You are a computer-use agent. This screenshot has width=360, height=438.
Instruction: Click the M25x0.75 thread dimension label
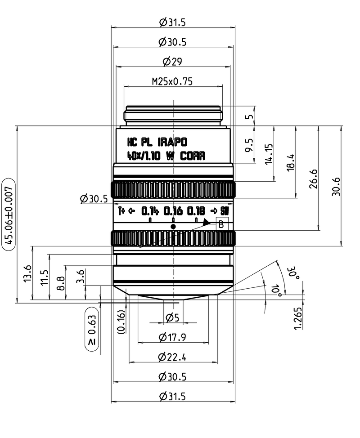coord(172,81)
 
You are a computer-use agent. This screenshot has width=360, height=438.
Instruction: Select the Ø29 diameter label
coord(172,62)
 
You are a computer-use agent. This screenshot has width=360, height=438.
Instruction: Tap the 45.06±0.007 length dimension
coord(9,214)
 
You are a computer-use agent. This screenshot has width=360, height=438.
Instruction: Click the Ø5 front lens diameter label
coord(172,317)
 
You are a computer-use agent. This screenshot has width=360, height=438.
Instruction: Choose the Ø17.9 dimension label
coord(172,337)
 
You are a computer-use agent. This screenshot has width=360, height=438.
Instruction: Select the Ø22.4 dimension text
coord(172,357)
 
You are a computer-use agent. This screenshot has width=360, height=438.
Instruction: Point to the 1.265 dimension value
coord(298,318)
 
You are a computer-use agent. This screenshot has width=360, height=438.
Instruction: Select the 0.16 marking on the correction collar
coord(173,210)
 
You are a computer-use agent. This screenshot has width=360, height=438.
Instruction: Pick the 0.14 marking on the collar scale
coord(150,210)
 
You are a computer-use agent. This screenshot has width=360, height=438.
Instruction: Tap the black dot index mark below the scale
coord(173,227)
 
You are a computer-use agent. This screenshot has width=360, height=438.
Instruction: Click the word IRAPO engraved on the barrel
coord(172,143)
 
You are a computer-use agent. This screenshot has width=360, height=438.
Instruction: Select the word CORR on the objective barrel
coord(193,156)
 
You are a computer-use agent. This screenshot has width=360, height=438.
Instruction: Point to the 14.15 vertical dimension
coord(269,154)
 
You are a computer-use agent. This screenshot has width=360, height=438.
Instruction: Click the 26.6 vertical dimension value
coord(314,179)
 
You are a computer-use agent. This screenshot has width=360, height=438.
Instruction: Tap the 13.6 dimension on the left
coord(27,273)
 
